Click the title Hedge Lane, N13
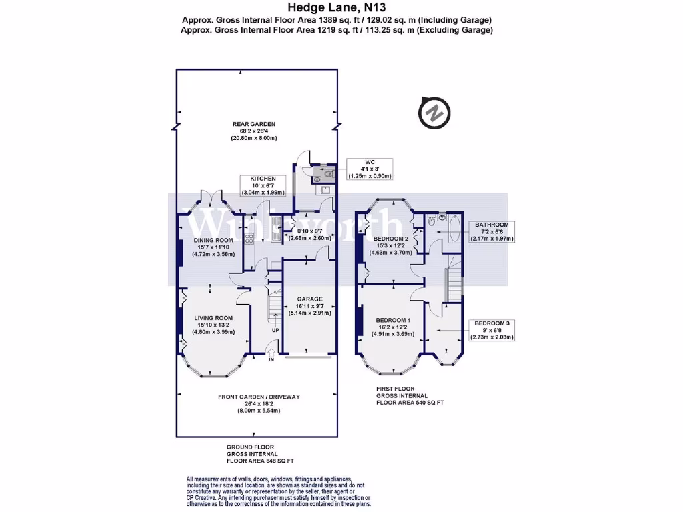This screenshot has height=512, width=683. (337, 8)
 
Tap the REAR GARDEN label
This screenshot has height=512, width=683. (253, 124)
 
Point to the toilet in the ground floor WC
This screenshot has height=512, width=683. (318, 175)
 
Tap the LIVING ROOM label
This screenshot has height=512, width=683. (213, 318)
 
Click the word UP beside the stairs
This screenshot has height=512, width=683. (275, 330)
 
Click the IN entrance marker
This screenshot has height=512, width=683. (271, 360)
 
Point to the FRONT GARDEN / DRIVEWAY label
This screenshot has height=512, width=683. (259, 397)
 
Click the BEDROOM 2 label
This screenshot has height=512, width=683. (390, 239)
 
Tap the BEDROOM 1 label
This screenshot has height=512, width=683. (388, 321)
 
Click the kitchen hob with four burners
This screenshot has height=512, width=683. (249, 238)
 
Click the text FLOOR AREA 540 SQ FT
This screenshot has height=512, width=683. (410, 403)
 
